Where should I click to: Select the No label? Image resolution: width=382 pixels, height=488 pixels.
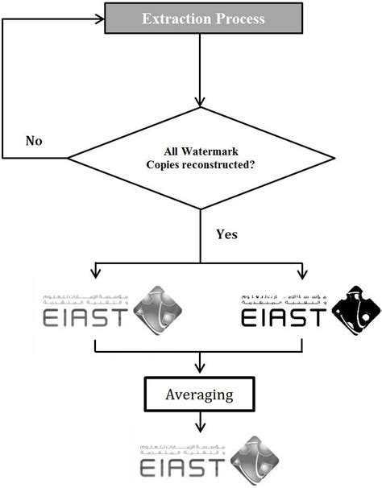[34, 141]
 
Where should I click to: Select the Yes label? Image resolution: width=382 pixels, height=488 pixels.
[227, 234]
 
